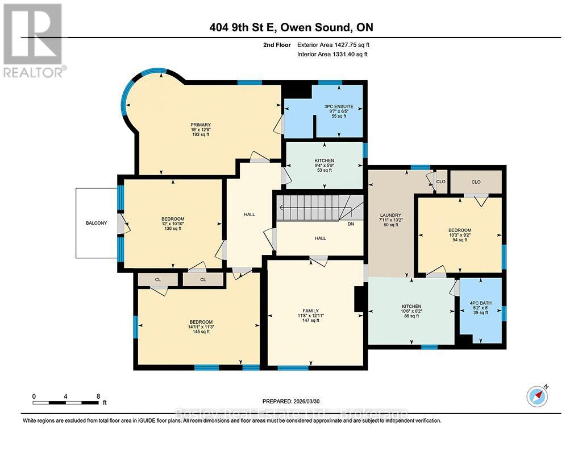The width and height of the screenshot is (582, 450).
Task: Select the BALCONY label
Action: coord(96,223)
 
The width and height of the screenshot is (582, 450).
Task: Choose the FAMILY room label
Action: coord(315,310)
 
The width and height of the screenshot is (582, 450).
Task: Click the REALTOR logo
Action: coord(34,40)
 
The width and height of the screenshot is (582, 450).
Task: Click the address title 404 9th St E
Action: coord(290,28)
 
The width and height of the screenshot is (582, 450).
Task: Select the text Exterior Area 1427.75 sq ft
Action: coord(337,44)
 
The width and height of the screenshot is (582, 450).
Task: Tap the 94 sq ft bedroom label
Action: coord(460,235)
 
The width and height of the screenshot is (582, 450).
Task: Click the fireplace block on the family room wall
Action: coord(359,299)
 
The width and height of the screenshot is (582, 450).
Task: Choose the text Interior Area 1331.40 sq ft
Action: coord(332,55)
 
